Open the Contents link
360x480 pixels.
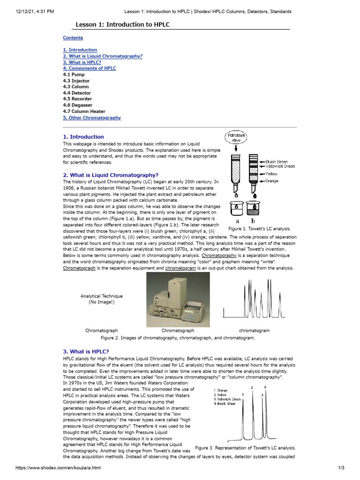(x=73, y=38)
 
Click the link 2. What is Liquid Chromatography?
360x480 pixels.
(x=103, y=56)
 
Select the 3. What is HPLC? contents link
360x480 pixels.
(x=82, y=62)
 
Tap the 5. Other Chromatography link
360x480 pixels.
(x=92, y=118)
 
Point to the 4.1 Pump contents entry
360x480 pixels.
(x=74, y=75)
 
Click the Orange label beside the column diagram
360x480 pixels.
(x=271, y=181)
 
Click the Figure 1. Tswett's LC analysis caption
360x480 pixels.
(x=260, y=229)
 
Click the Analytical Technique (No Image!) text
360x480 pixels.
(x=101, y=299)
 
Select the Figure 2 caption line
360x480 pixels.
(x=178, y=337)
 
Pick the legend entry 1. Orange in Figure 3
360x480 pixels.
(x=220, y=390)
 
